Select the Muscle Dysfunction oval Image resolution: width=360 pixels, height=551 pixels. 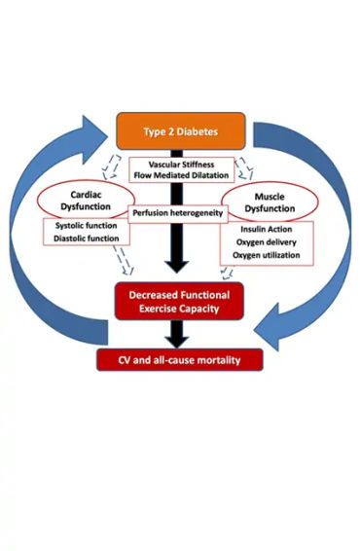tap(270, 199)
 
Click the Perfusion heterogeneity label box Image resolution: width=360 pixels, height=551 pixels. tap(179, 212)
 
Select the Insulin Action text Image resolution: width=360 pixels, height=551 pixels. tap(264, 227)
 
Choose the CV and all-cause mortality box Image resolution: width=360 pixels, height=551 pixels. tap(180, 360)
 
